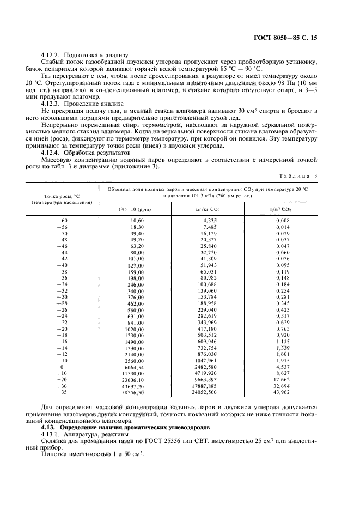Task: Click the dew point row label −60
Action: (x=62, y=220)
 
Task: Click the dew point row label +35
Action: (x=62, y=392)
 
